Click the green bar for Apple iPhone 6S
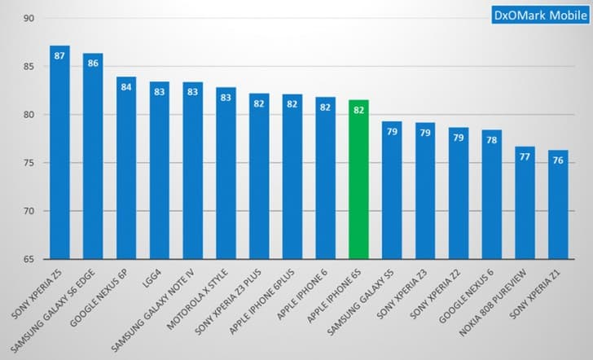(x=359, y=179)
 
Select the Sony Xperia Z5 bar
(x=59, y=155)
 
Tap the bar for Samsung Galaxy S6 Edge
(x=93, y=159)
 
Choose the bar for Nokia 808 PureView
(x=525, y=204)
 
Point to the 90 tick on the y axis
(x=29, y=18)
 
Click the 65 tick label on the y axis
(x=29, y=260)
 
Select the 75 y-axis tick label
(x=29, y=163)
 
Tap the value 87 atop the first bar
(x=59, y=55)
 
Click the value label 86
(x=93, y=63)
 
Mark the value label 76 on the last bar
(x=558, y=160)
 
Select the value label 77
(x=525, y=156)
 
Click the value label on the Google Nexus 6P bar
(x=126, y=86)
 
